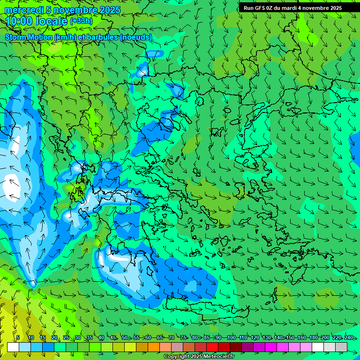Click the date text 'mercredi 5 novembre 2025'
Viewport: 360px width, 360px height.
click(x=62, y=10)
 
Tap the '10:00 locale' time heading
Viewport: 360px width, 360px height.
click(x=37, y=21)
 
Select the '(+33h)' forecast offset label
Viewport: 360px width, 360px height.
click(x=81, y=21)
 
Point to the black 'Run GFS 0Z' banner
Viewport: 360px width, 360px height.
click(x=299, y=7)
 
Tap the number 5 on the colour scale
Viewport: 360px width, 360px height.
click(x=18, y=338)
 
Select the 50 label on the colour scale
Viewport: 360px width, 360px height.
click(x=125, y=338)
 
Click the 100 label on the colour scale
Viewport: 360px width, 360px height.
click(x=231, y=338)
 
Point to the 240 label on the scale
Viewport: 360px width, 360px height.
click(x=349, y=338)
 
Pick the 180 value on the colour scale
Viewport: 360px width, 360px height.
click(x=314, y=338)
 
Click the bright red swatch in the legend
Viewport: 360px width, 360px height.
click(x=212, y=347)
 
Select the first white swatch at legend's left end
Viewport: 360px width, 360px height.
click(x=13, y=347)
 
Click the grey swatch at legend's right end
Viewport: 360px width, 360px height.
click(x=341, y=347)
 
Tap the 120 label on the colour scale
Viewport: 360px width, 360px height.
click(x=255, y=338)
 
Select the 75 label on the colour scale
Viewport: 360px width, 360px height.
click(x=183, y=338)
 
